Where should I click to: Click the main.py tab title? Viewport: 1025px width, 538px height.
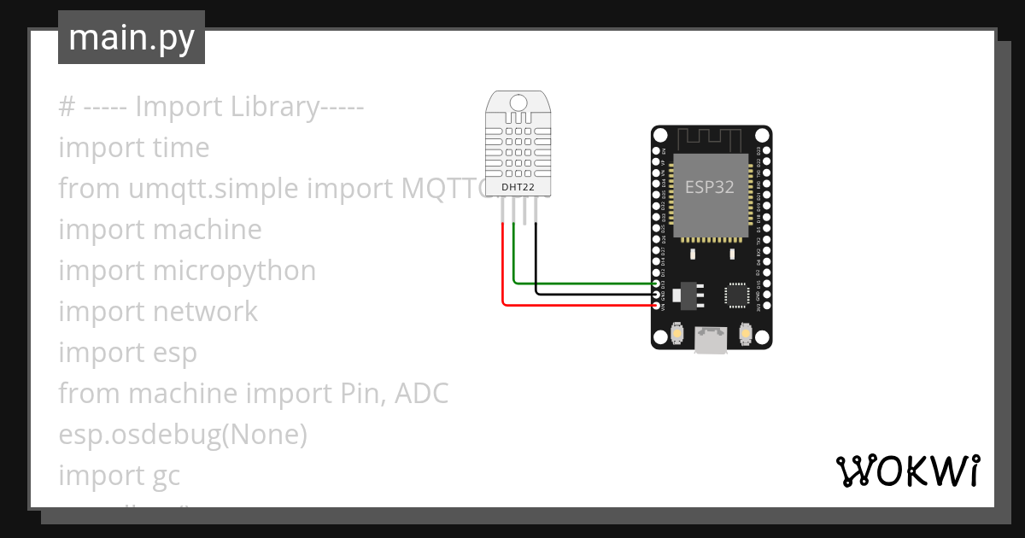coord(132,38)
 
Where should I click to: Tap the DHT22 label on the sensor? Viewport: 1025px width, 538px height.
coord(518,186)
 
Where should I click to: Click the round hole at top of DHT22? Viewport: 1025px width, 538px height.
coord(518,103)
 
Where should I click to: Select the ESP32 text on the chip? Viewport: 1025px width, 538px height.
coord(709,187)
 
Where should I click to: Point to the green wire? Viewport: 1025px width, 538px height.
coord(581,282)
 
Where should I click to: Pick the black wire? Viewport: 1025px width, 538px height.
coord(589,293)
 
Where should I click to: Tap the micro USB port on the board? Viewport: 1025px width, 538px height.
coord(711,339)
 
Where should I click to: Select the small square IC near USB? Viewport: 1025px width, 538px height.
coord(735,295)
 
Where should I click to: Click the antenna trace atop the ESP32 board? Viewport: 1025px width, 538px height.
coord(711,137)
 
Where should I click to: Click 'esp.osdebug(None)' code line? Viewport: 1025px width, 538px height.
coord(183,435)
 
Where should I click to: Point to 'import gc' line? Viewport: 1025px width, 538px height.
coord(120,476)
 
